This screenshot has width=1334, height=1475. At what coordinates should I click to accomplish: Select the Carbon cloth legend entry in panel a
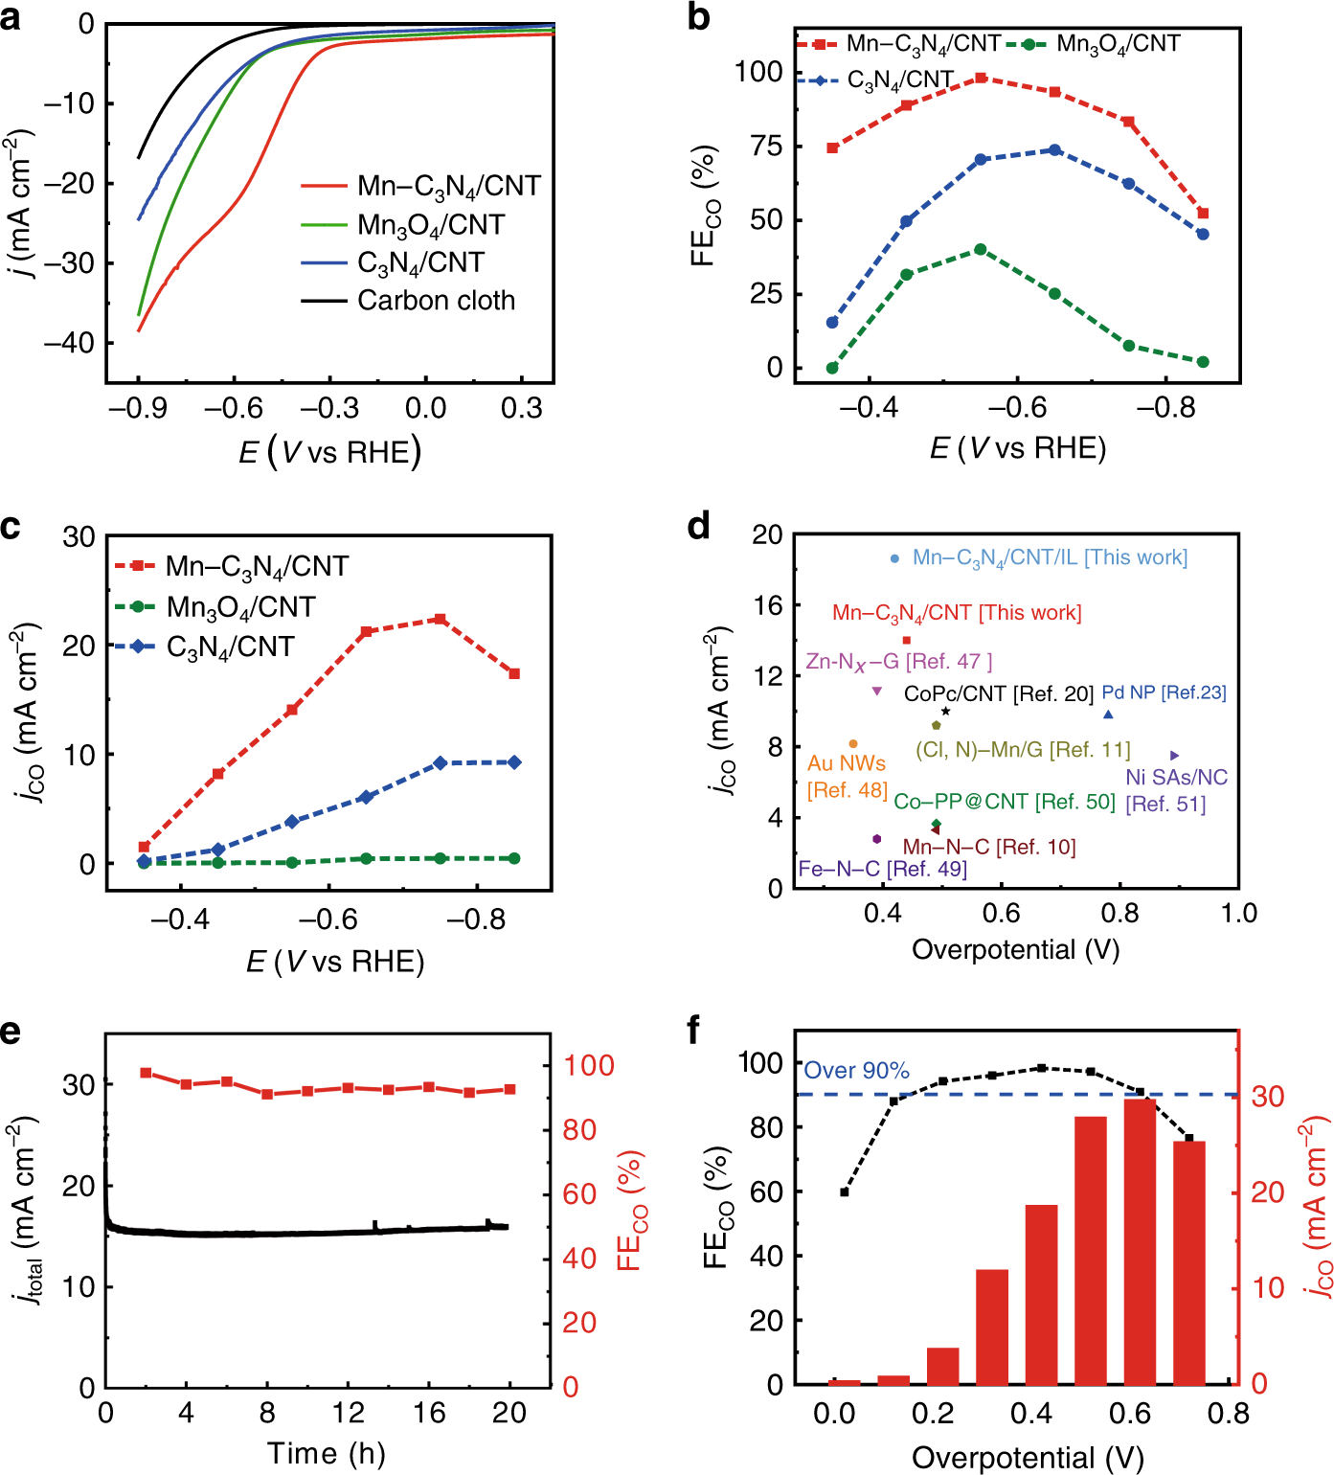436,301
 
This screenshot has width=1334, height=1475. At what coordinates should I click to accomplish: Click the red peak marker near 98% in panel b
981,79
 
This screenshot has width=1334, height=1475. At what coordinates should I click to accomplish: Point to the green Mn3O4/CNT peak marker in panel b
981,249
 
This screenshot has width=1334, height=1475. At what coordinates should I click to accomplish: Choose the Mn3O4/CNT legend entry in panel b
1117,44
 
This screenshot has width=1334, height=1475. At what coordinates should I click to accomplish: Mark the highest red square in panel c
441,620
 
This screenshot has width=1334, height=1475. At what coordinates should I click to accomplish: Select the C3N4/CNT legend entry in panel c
230,647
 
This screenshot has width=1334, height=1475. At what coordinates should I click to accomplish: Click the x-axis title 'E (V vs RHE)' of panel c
334,962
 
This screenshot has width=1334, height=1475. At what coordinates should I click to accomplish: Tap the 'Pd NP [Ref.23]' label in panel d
1164,692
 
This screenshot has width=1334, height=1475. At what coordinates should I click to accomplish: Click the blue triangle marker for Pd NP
1108,715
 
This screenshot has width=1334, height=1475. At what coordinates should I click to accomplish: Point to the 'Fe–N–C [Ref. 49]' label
882,869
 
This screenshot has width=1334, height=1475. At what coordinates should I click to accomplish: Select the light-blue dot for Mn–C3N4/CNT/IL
894,558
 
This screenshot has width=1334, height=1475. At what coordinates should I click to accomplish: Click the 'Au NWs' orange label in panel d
847,763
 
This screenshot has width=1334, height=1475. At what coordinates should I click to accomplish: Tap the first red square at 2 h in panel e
146,1073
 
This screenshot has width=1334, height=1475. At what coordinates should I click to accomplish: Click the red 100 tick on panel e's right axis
588,1065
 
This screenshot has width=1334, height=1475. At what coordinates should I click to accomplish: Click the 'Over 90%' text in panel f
856,1071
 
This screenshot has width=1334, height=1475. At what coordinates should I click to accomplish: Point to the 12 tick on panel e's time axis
349,1413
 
